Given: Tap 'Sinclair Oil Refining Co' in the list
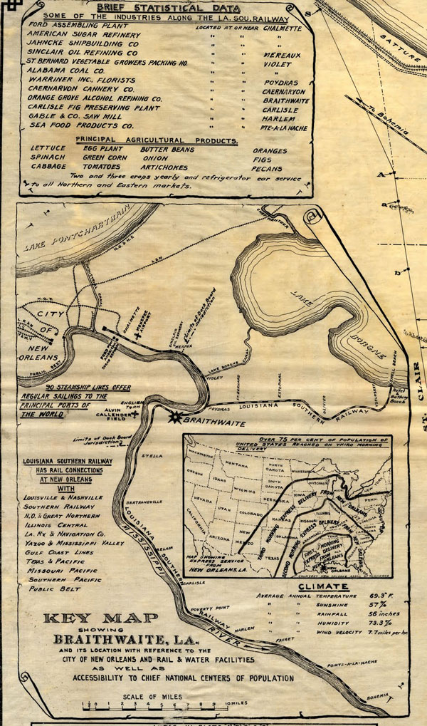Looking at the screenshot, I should pyautogui.click(x=84, y=53).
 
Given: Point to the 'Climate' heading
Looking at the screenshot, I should pyautogui.click(x=319, y=586).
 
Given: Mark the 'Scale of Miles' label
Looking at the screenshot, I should pyautogui.click(x=152, y=697).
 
